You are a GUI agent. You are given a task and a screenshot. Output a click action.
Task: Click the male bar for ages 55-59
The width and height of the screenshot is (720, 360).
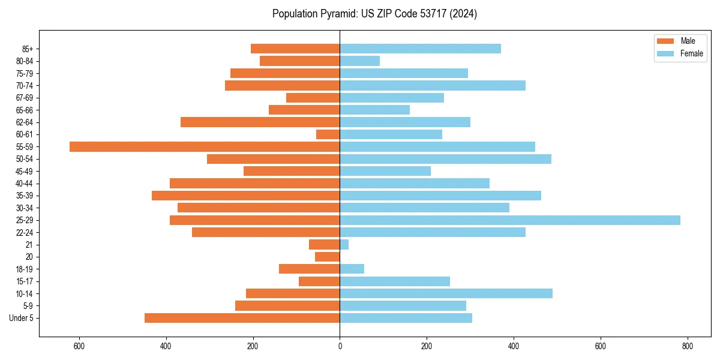pyautogui.click(x=205, y=146)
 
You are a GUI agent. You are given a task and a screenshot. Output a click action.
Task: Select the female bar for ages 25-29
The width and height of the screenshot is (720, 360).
pyautogui.click(x=510, y=220)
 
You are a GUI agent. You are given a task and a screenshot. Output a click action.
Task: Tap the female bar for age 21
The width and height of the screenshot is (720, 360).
pyautogui.click(x=344, y=244)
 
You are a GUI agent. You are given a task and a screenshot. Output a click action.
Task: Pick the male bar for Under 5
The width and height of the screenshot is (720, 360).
pyautogui.click(x=242, y=318)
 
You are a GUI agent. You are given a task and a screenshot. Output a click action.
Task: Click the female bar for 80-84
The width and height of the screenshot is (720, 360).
pyautogui.click(x=360, y=61)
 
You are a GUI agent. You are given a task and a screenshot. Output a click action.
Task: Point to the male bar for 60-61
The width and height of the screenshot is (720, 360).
pyautogui.click(x=328, y=134)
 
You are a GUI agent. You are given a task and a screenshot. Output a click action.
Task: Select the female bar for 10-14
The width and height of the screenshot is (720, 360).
pyautogui.click(x=446, y=293)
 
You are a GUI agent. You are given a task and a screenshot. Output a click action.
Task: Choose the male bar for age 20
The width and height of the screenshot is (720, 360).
pyautogui.click(x=328, y=257)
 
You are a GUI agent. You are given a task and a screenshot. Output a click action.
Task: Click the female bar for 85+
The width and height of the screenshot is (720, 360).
pyautogui.click(x=420, y=49)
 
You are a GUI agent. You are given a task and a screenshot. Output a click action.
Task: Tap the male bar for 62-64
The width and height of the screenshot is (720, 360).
pyautogui.click(x=260, y=122)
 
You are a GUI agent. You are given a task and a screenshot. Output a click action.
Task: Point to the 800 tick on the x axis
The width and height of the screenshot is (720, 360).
pyautogui.click(x=688, y=347)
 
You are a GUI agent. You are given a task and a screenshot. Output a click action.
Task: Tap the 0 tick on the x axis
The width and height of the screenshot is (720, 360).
pyautogui.click(x=340, y=347)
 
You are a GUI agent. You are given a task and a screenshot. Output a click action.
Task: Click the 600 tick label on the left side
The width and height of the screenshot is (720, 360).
pyautogui.click(x=79, y=347)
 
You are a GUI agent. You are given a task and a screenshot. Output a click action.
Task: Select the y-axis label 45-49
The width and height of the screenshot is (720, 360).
pyautogui.click(x=25, y=171)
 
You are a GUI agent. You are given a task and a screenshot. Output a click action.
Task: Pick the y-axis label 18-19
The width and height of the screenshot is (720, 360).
pyautogui.click(x=25, y=269)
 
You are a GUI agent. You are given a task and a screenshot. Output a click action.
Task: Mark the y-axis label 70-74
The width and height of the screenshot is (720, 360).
pyautogui.click(x=25, y=85)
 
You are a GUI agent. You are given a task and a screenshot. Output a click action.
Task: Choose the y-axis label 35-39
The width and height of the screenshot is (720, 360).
pyautogui.click(x=25, y=196)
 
